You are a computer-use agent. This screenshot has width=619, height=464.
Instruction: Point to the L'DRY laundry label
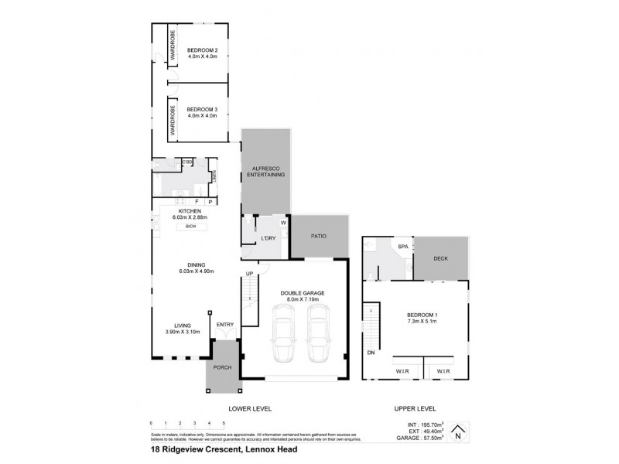pyautogui.click(x=269, y=236)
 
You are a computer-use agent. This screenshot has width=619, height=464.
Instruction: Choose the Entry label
pyautogui.click(x=225, y=324)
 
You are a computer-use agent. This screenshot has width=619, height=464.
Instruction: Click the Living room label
pyautogui.click(x=183, y=326)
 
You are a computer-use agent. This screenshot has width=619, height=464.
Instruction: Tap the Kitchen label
pyautogui.click(x=190, y=211)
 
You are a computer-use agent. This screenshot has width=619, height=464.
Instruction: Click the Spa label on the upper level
pyautogui.click(x=402, y=247)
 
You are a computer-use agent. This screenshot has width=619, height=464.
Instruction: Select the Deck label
pyautogui.click(x=440, y=259)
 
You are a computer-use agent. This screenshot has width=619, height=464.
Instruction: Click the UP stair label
pyautogui.click(x=249, y=274)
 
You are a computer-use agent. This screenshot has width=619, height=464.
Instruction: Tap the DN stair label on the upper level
pyautogui.click(x=371, y=352)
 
